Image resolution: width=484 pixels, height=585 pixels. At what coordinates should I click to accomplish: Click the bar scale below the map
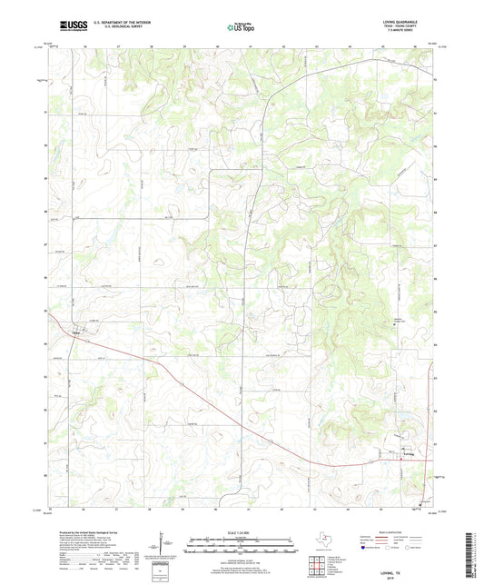241,547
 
